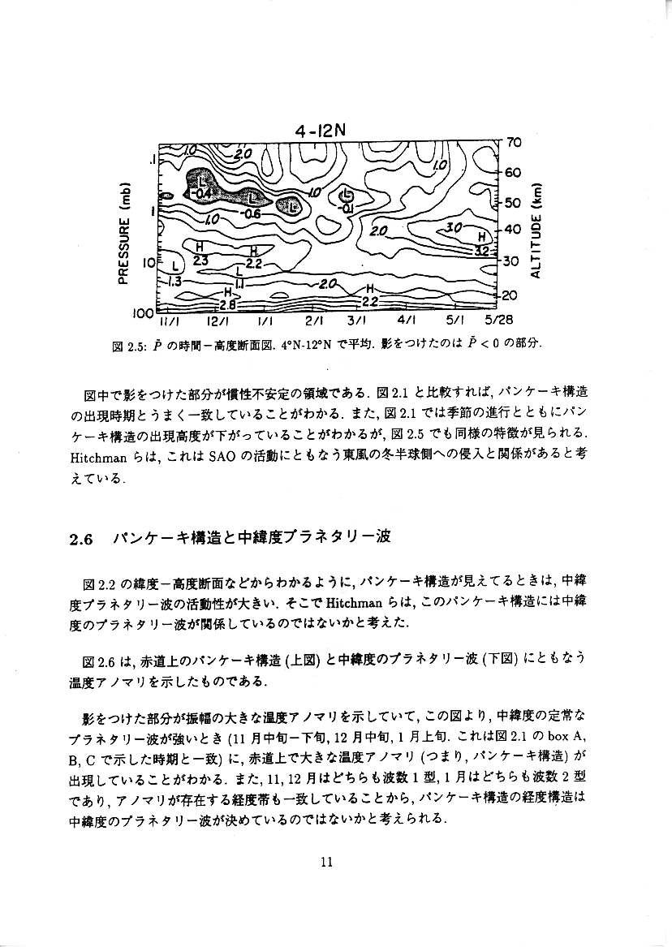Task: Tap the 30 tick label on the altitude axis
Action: tap(511, 261)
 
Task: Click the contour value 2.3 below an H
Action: tap(201, 260)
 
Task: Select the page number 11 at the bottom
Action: tap(328, 862)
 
